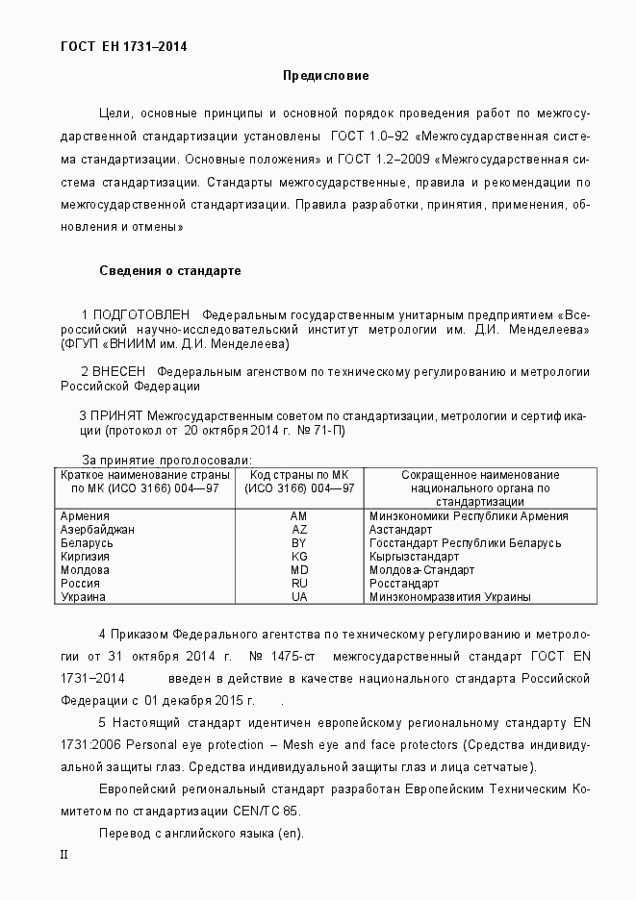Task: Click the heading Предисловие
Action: tap(325, 75)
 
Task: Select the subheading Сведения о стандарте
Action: tap(169, 271)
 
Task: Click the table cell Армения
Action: tap(85, 516)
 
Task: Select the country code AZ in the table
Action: tap(299, 530)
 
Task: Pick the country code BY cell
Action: tap(299, 543)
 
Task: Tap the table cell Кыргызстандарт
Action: tap(414, 557)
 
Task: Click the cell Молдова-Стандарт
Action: tap(421, 570)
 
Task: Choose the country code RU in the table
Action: tap(299, 584)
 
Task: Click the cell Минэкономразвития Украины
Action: tap(449, 597)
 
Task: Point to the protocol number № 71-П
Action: tap(318, 430)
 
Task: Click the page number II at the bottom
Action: tap(64, 854)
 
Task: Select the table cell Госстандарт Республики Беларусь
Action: tap(465, 543)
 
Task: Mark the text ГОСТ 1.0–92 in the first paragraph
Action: tap(368, 135)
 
